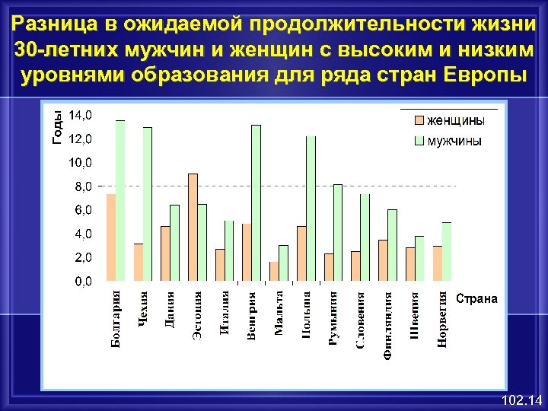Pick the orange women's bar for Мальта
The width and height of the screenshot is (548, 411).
tap(274, 271)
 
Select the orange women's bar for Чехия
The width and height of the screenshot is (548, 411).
tap(139, 262)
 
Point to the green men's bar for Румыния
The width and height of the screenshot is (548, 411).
tap(338, 232)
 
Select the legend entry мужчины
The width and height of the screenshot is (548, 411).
tap(454, 141)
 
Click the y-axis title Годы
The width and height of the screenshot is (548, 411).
tap(57, 126)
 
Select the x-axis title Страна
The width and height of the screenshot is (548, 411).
tap(476, 299)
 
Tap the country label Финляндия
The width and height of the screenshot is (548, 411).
tap(388, 320)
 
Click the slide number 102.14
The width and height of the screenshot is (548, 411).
tap(518, 400)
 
